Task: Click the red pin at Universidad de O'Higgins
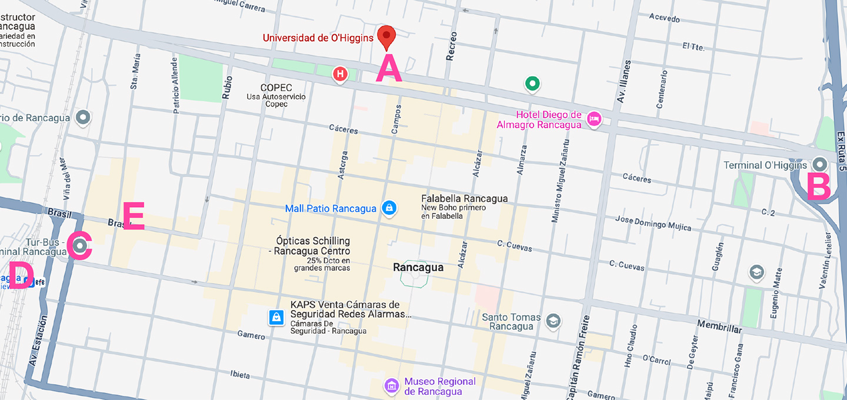click(386, 36)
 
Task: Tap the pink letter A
click(389, 68)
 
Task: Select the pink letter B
click(818, 187)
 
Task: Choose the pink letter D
click(21, 275)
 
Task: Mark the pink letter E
click(133, 216)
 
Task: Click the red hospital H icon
click(339, 74)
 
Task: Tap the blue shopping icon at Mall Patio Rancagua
click(388, 208)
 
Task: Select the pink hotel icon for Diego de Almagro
click(594, 119)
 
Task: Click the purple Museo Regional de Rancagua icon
click(391, 386)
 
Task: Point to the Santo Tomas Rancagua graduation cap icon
click(553, 321)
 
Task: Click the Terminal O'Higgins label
click(765, 165)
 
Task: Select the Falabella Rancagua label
click(464, 199)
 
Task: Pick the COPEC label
click(276, 88)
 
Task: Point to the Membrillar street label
click(719, 326)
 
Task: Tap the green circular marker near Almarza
click(532, 84)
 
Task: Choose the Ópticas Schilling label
click(313, 241)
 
